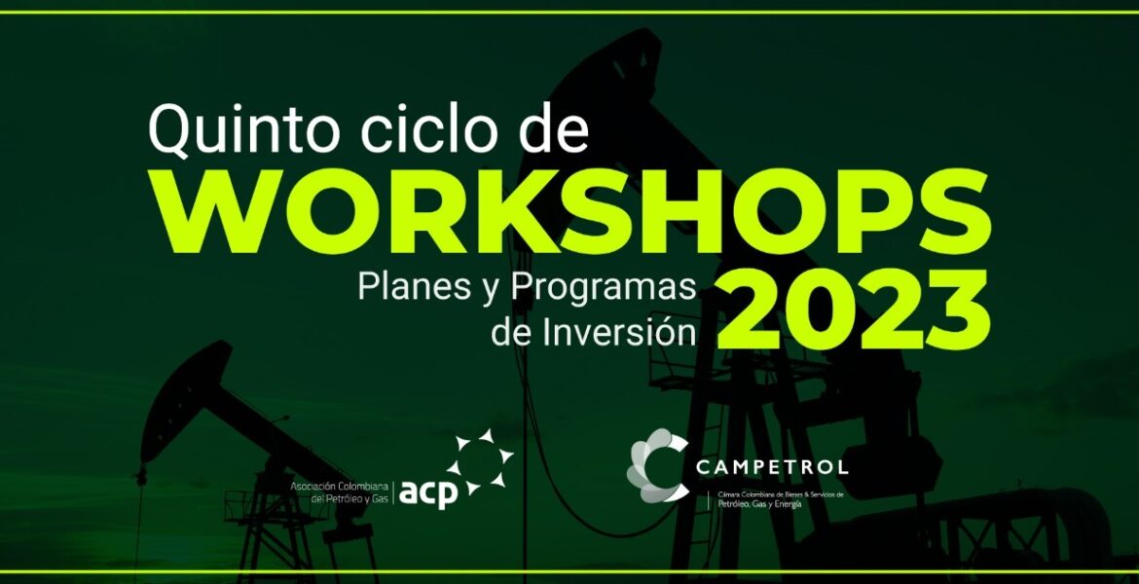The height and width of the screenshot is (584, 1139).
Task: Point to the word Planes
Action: (x=412, y=288)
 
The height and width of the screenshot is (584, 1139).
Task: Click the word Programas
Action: (x=603, y=290)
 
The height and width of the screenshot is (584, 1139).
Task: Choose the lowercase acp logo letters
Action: (x=428, y=493)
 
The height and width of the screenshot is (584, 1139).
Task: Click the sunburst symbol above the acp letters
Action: (x=480, y=462)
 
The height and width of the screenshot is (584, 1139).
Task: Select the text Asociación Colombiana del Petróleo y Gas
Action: (x=339, y=492)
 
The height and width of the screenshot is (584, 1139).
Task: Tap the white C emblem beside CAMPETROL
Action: (x=658, y=465)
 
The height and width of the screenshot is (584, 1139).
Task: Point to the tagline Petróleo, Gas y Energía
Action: (x=759, y=504)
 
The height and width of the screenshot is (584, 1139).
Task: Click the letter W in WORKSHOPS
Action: (x=217, y=213)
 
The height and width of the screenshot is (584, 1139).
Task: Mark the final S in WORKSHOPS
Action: (x=949, y=212)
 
